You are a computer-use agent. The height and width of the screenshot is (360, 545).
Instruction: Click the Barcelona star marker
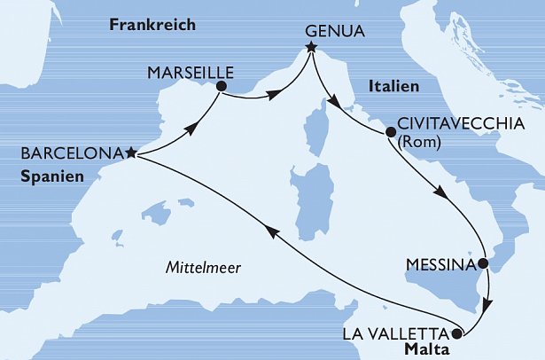point(130,153)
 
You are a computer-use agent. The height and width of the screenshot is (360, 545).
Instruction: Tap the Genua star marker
point(311,47)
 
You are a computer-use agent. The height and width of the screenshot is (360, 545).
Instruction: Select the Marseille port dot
point(221,86)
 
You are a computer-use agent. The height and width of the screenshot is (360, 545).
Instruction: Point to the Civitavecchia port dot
point(390,134)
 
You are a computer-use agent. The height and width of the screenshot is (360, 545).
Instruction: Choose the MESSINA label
point(439,264)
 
